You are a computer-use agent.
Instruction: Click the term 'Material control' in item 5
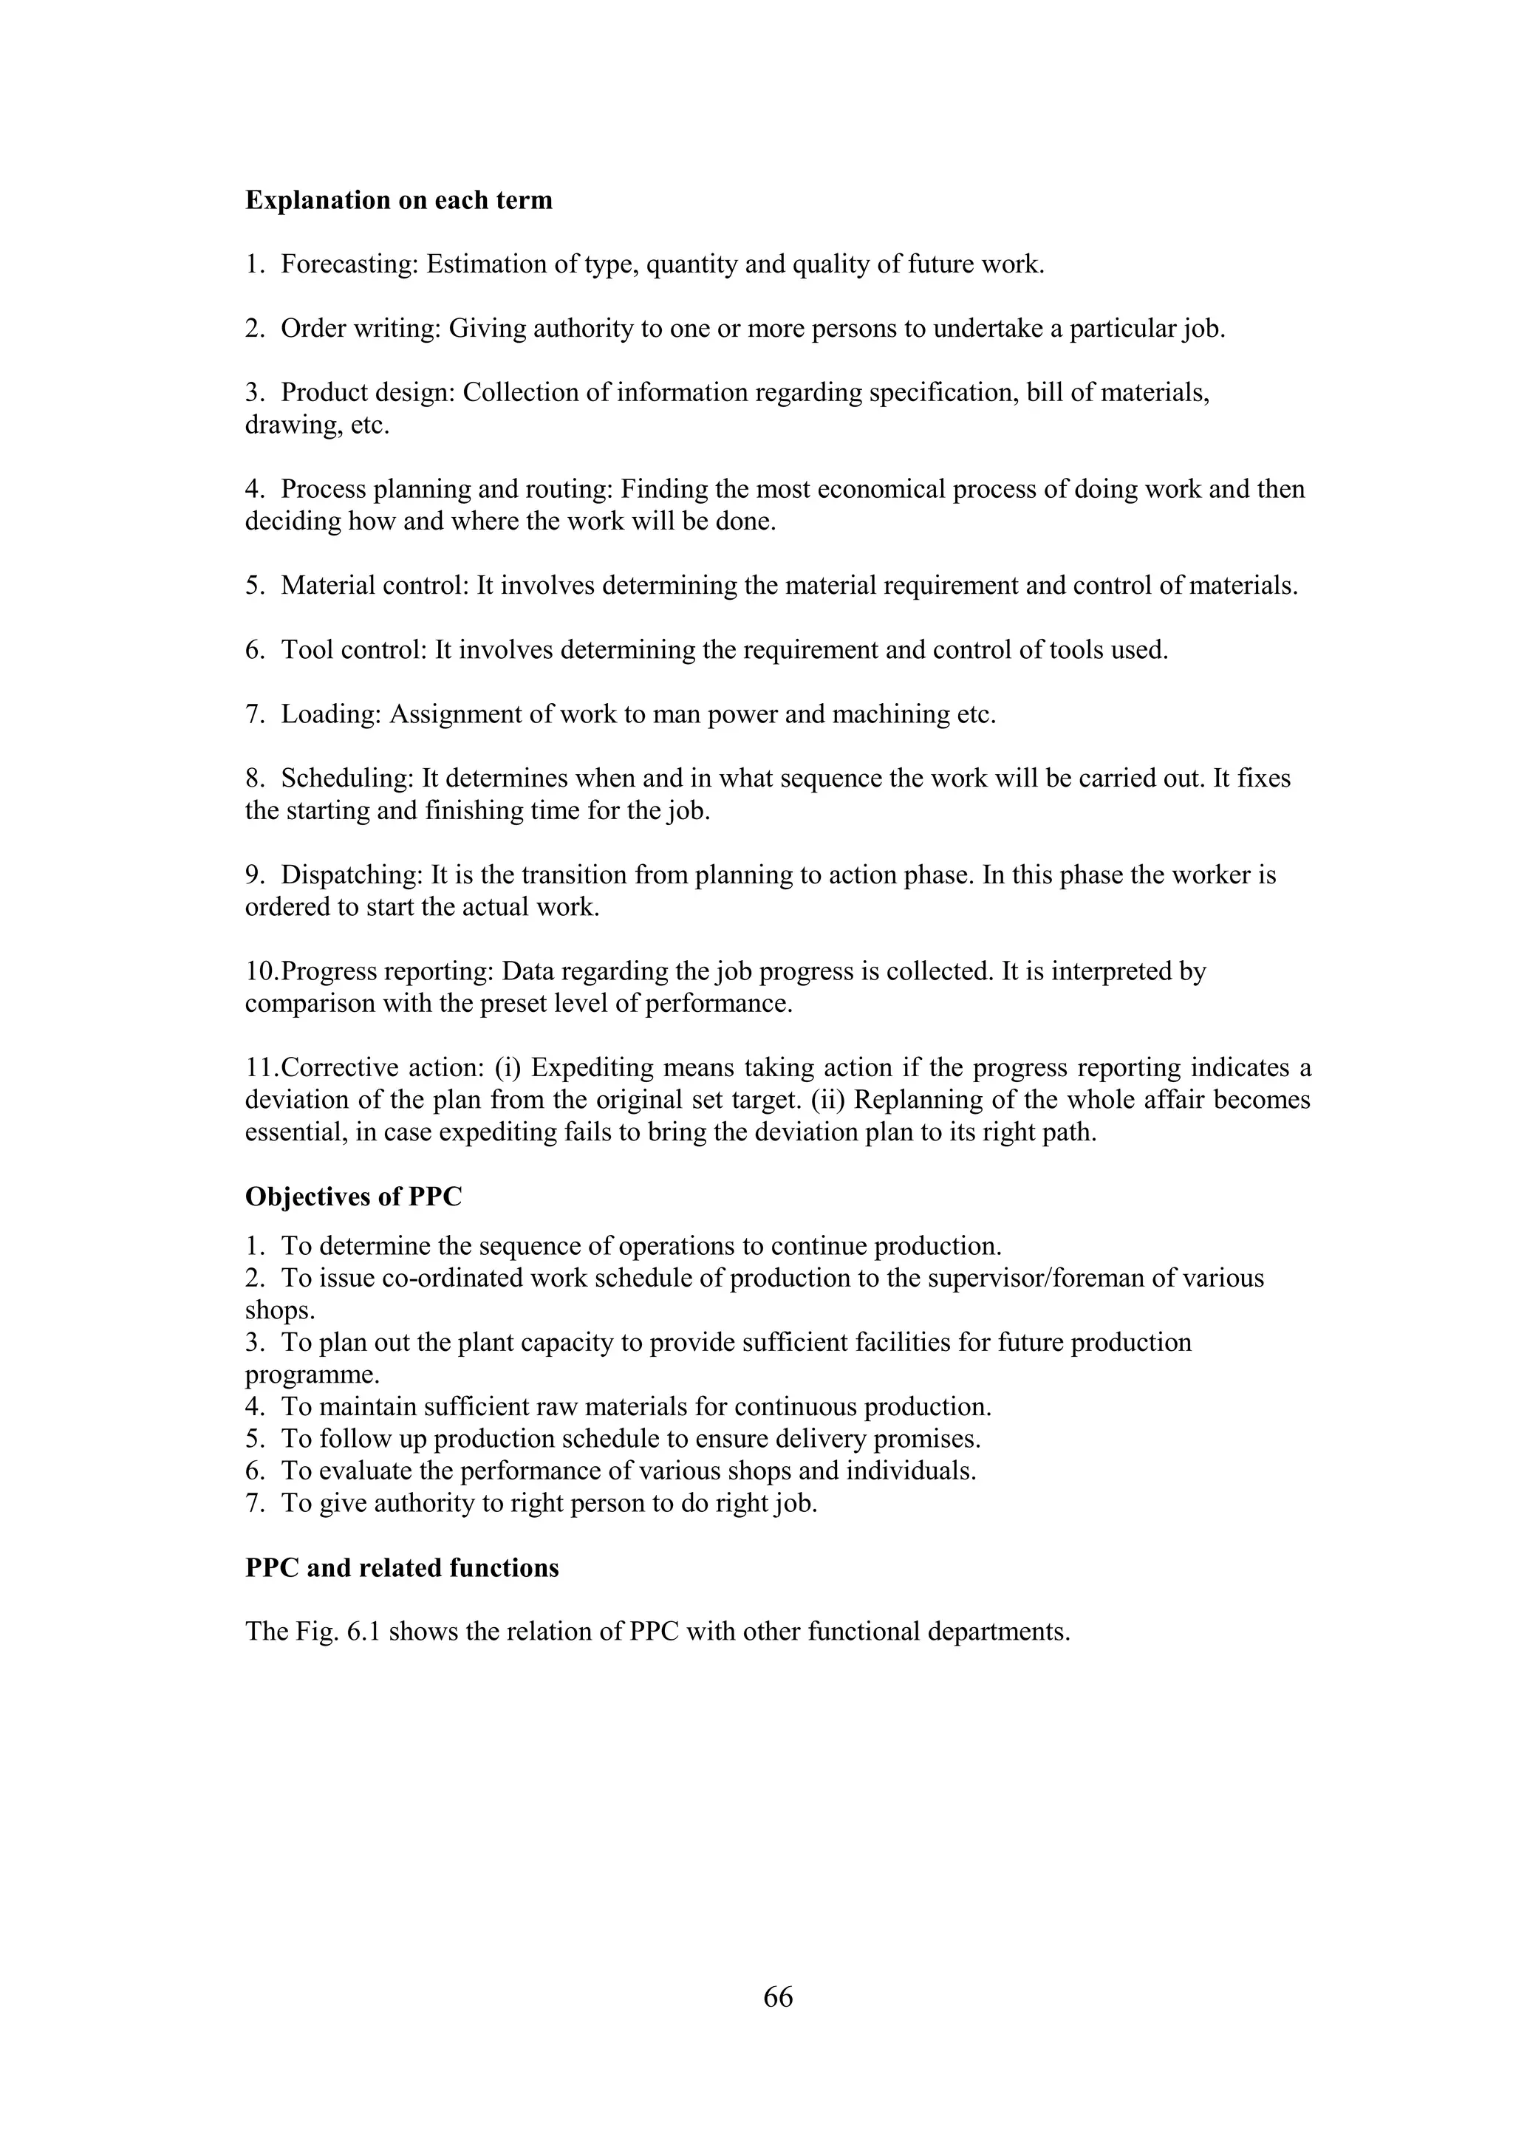pyautogui.click(x=375, y=586)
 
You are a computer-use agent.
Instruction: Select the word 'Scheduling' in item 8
pyautogui.click(x=346, y=778)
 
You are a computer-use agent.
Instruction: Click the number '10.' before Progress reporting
pyautogui.click(x=262, y=972)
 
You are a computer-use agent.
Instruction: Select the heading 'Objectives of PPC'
pyautogui.click(x=353, y=1197)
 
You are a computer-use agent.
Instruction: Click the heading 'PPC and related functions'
pyautogui.click(x=402, y=1568)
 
